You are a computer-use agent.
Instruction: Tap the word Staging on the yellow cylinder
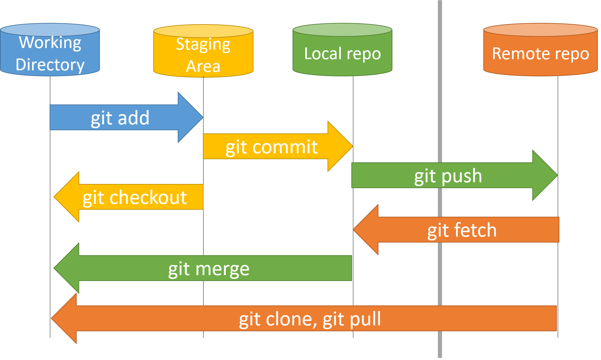[x=203, y=45]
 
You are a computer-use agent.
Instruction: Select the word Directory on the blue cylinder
[x=50, y=65]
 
